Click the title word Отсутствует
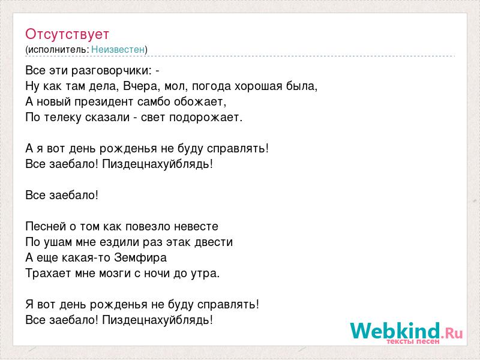tap(67, 34)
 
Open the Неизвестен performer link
tap(118, 49)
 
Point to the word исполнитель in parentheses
tap(58, 50)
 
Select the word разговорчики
tap(112, 71)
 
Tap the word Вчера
tap(141, 86)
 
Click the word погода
tap(211, 86)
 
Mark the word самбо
tap(154, 101)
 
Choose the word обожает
tap(200, 101)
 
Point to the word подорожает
tap(206, 118)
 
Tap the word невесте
tap(196, 227)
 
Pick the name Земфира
tap(140, 258)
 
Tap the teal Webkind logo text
tap(395, 331)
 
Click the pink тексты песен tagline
tap(413, 341)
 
